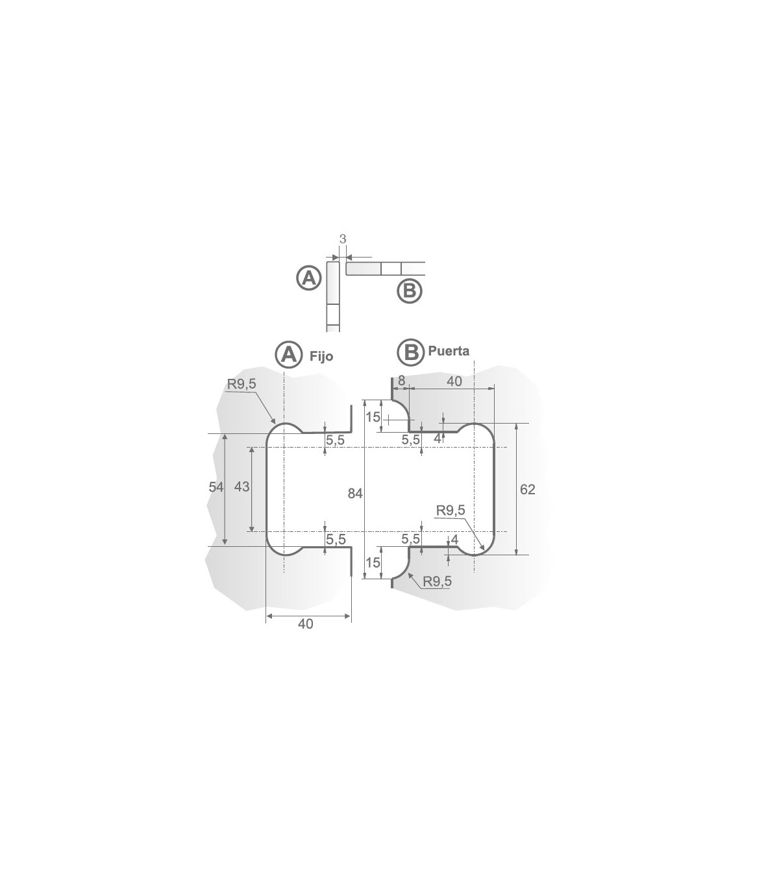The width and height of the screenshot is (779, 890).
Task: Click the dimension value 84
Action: [x=355, y=493]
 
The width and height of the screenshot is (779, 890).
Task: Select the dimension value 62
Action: [x=528, y=490]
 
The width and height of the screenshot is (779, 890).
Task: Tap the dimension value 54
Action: [x=216, y=487]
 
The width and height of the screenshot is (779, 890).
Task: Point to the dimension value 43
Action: [x=242, y=487]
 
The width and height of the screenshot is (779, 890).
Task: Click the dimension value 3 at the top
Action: [x=343, y=239]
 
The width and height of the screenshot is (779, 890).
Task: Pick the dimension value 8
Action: [x=402, y=381]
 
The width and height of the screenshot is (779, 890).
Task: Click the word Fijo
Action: [x=321, y=357]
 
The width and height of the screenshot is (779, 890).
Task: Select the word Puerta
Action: [x=449, y=351]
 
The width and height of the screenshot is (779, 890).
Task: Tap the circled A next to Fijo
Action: [x=289, y=354]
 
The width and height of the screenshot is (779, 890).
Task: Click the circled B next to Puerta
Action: [x=411, y=352]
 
